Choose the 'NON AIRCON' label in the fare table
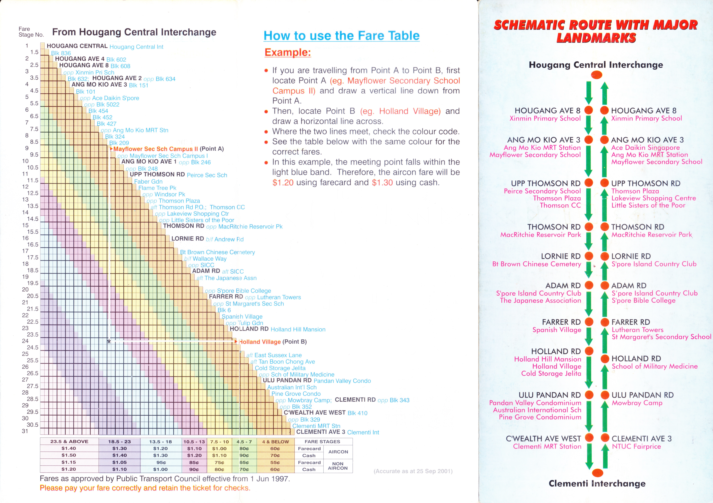338,466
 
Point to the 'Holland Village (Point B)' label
272,342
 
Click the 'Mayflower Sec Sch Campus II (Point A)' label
168,149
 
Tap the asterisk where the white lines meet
109,342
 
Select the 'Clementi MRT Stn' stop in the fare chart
316,426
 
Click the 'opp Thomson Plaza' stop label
173,201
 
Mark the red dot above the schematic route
597,75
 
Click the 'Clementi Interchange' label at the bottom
597,483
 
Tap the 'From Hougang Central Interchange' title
134,32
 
